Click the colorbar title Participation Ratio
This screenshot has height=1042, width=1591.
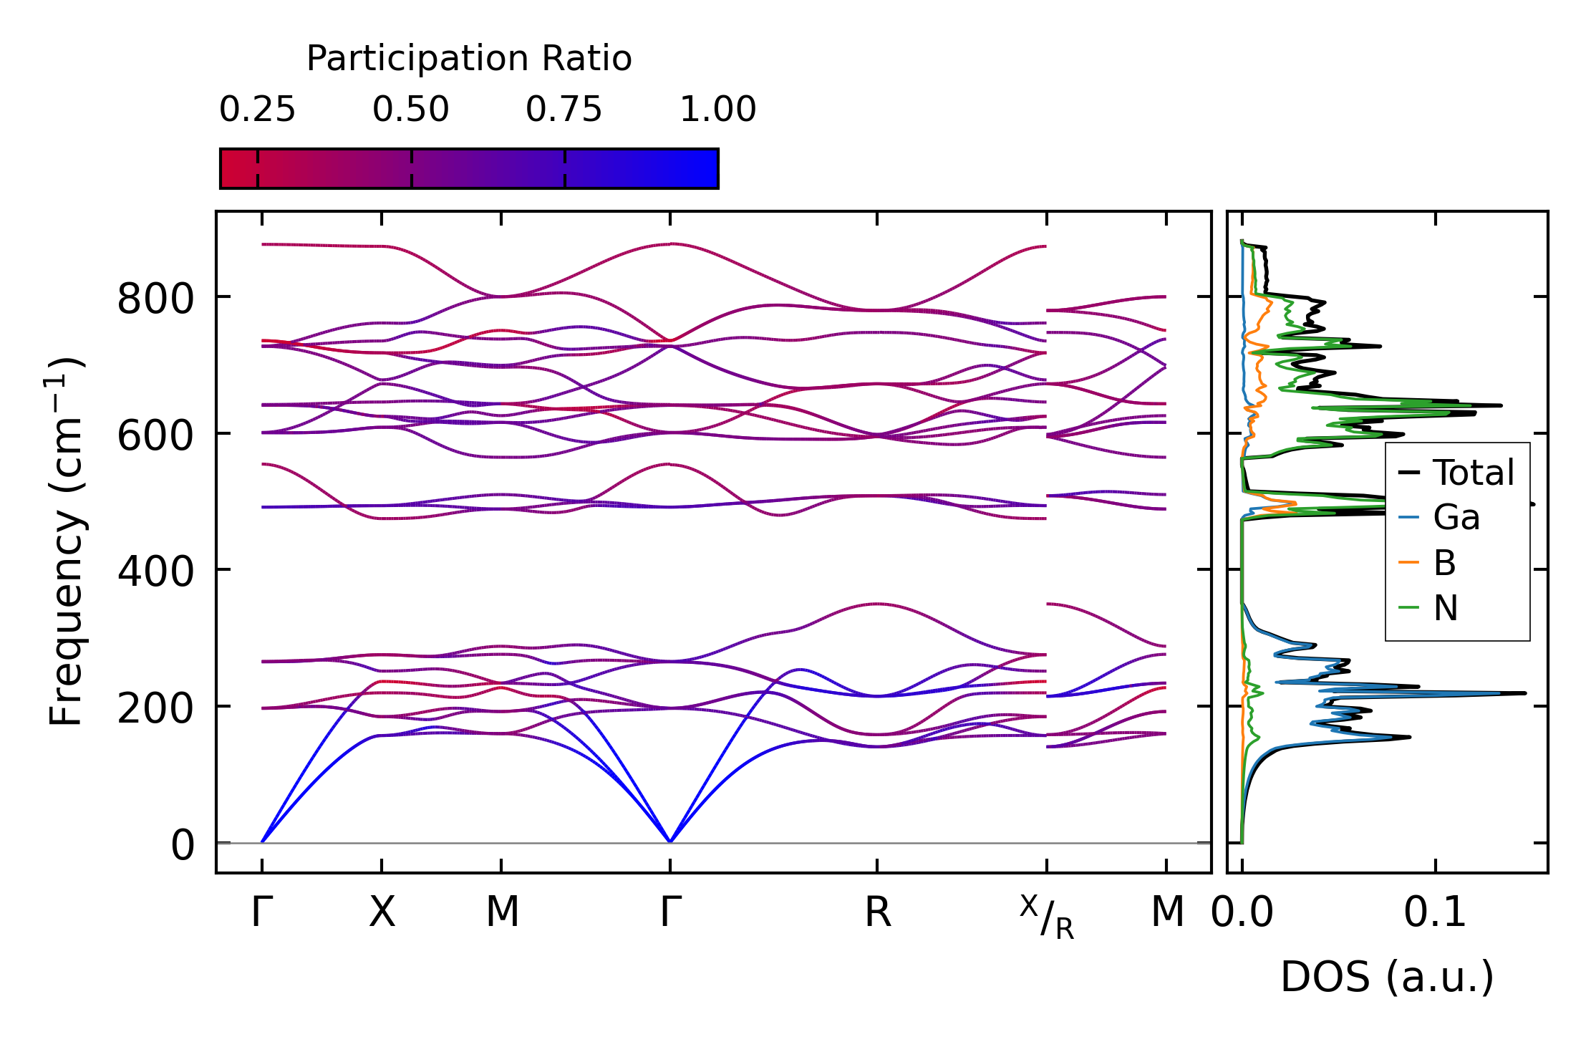coord(469,59)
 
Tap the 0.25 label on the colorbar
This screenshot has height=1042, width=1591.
coord(257,110)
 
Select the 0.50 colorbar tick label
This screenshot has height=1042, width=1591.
coord(411,110)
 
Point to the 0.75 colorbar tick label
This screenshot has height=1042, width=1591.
coord(564,110)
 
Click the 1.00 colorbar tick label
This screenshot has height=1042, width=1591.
coord(717,110)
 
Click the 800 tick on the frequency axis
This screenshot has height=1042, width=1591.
coord(155,299)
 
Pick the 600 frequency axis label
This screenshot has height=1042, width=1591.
coord(155,435)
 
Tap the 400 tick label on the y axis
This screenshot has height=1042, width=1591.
coord(155,572)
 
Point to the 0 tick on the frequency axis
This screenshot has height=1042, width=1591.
coord(183,846)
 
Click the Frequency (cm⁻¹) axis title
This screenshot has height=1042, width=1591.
coord(66,541)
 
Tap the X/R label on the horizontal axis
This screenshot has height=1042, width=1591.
coord(1047,917)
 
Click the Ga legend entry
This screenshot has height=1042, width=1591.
coord(1456,518)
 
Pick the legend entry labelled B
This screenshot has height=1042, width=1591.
coord(1444,563)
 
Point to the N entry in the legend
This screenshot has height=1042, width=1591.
coord(1445,609)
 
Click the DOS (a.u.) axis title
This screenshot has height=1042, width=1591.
coord(1387,978)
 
